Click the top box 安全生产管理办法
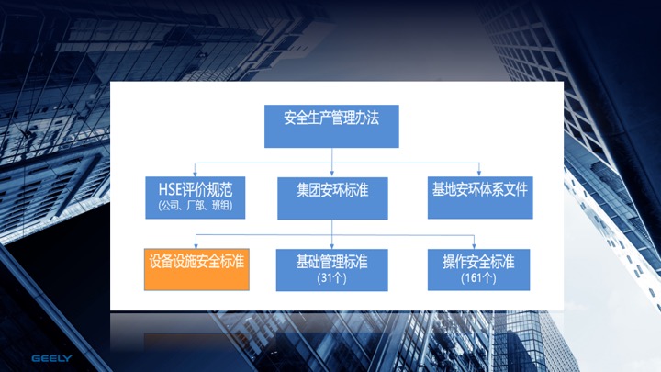331,126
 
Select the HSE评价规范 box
196,197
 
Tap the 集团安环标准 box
332,197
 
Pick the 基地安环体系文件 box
480,197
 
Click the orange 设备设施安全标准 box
196,269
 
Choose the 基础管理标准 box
331,270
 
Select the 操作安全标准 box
478,269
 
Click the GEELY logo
51,358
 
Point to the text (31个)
331,278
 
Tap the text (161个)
478,278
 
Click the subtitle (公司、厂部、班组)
196,206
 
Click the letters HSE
171,189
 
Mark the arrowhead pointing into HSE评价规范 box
195,174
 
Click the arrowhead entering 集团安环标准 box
331,174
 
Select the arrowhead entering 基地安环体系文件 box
479,174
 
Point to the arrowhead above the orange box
196,246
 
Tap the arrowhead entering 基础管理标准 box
331,246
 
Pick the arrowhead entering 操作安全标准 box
475,246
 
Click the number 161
475,278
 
